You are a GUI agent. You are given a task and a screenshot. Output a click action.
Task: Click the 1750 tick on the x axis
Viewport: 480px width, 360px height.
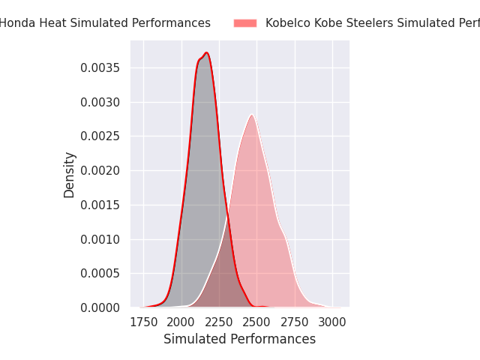coord(143,322)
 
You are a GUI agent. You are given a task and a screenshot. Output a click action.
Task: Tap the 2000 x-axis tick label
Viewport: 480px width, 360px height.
coord(181,322)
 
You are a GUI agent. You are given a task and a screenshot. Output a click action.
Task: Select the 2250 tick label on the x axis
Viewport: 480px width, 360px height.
coord(219,322)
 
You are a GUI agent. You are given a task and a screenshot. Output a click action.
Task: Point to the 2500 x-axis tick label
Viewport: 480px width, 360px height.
coord(256,322)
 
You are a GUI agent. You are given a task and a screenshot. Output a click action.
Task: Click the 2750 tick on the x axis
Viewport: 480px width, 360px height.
coord(295,322)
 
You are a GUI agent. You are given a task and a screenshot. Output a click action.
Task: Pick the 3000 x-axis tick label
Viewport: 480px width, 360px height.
coord(332,322)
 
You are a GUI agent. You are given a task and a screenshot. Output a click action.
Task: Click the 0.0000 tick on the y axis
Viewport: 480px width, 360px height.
coord(101,307)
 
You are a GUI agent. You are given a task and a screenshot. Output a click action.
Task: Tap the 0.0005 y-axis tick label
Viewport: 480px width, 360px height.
coord(101,274)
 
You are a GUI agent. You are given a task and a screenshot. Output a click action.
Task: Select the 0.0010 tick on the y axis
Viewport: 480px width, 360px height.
coord(101,239)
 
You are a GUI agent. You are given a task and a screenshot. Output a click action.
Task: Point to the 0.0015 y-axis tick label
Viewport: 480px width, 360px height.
coord(101,205)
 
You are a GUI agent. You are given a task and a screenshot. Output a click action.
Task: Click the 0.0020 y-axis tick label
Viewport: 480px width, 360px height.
coord(101,171)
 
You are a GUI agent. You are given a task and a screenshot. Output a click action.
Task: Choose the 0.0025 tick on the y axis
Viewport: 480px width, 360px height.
coord(101,136)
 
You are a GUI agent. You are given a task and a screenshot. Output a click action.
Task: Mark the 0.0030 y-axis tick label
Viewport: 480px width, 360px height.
coord(101,102)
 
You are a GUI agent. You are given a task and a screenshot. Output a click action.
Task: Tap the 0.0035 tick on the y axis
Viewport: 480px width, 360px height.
coord(101,68)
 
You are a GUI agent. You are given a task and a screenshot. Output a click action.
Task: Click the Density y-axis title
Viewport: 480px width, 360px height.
coord(70,175)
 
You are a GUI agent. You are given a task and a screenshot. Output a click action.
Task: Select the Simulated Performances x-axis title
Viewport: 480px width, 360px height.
coord(239,339)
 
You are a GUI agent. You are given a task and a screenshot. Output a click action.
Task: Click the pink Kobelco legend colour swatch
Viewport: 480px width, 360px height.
coord(245,23)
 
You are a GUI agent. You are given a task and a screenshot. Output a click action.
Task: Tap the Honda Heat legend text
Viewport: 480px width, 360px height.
coord(105,23)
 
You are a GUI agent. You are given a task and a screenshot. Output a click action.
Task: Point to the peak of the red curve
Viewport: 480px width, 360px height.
coord(206,53)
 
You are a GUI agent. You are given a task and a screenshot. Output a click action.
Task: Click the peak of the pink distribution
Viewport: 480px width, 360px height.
coord(253,115)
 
